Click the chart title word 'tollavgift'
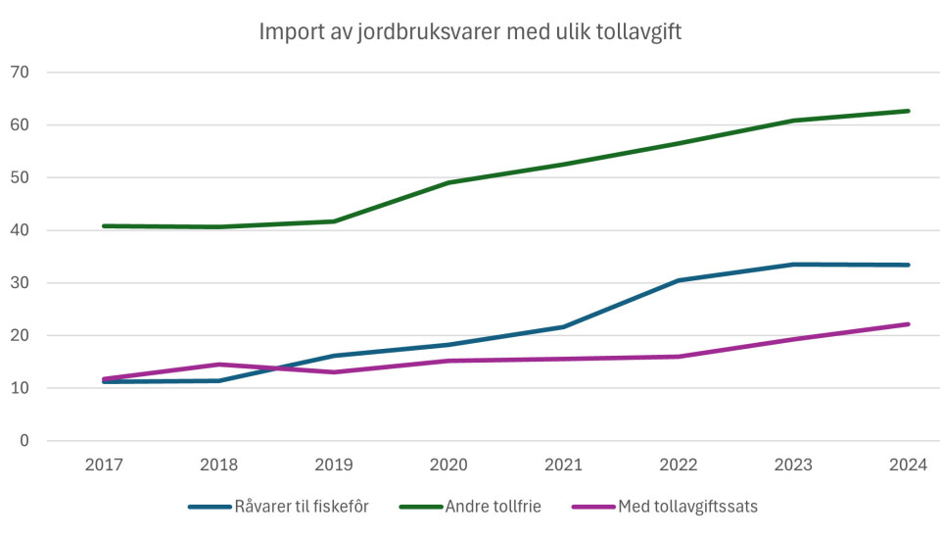pyautogui.click(x=634, y=32)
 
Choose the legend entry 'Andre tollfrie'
pyautogui.click(x=493, y=507)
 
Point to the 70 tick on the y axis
pyautogui.click(x=21, y=73)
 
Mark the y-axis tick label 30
pyautogui.click(x=21, y=283)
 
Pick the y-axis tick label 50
pyautogui.click(x=21, y=178)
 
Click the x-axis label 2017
pyautogui.click(x=104, y=465)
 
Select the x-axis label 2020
pyautogui.click(x=448, y=465)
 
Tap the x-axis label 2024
pyautogui.click(x=909, y=465)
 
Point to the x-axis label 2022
pyautogui.click(x=679, y=465)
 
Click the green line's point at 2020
pyautogui.click(x=448, y=182)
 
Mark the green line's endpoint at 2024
pyautogui.click(x=909, y=111)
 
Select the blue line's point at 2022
pyautogui.click(x=679, y=280)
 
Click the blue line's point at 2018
pyautogui.click(x=218, y=380)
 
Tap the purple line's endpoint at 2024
pyautogui.click(x=909, y=324)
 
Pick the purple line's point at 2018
pyautogui.click(x=218, y=365)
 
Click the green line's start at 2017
pyautogui.click(x=104, y=226)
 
